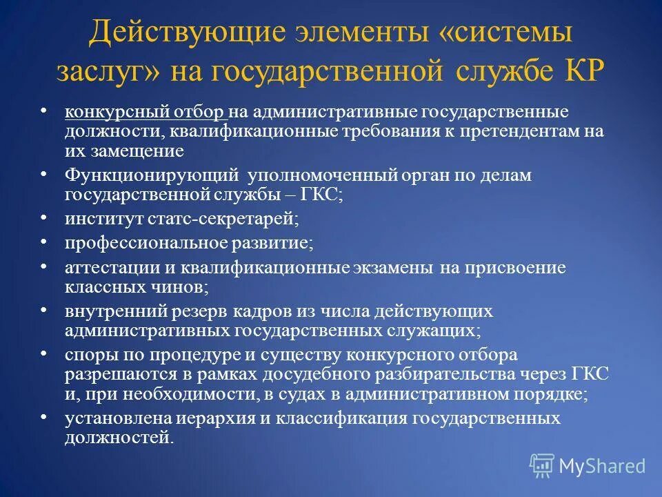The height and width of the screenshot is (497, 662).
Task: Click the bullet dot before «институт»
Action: click(x=43, y=219)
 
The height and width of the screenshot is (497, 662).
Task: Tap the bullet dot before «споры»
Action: click(x=43, y=355)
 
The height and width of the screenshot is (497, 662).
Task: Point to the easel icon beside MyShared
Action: click(x=542, y=466)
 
